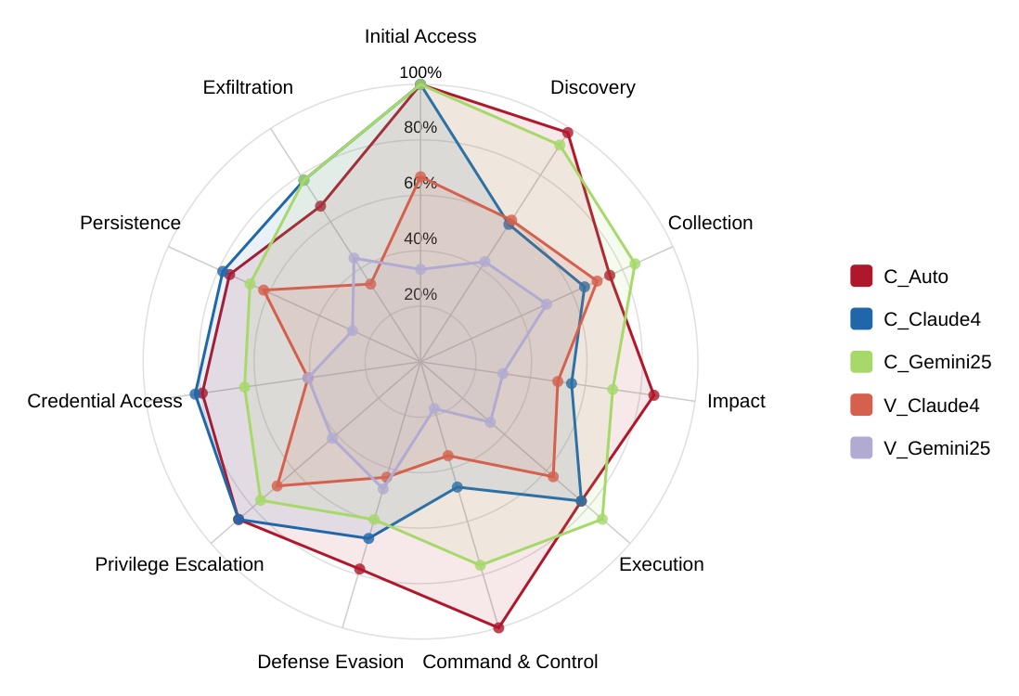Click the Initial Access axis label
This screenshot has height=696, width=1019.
tap(420, 37)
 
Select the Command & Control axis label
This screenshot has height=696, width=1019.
tap(509, 662)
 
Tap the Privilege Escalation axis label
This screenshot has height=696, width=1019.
tap(179, 564)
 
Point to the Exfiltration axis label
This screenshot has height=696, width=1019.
tap(248, 87)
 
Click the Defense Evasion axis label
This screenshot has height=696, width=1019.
tap(330, 662)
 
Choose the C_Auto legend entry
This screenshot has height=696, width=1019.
tap(915, 276)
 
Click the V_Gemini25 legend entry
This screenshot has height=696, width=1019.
tap(936, 448)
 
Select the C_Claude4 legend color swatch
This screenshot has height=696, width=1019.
tap(861, 319)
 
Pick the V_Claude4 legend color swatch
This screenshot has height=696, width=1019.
tap(861, 406)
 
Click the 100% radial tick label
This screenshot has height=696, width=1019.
tap(420, 72)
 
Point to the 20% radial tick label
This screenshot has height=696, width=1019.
tap(420, 294)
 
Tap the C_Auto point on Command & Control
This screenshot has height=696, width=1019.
tap(498, 628)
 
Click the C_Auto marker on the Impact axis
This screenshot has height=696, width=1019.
tap(653, 395)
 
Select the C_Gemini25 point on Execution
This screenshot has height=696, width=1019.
tap(602, 519)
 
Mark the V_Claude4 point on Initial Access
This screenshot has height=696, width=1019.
tap(420, 177)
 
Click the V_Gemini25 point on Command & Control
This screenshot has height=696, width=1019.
tap(433, 408)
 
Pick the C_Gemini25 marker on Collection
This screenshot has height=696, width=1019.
tap(636, 264)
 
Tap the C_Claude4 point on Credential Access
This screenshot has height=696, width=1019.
tap(195, 394)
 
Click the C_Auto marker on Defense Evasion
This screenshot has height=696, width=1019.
tap(359, 569)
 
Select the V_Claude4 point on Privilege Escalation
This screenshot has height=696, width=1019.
tap(277, 485)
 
